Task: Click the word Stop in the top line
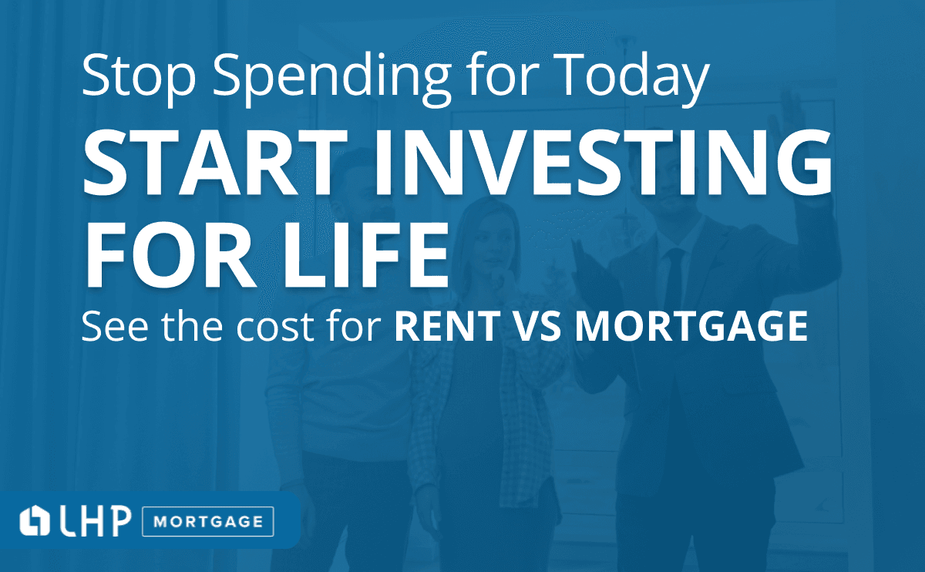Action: [139, 76]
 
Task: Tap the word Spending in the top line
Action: [331, 79]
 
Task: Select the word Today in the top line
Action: [631, 79]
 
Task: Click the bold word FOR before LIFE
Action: [171, 255]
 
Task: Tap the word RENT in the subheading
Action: [448, 326]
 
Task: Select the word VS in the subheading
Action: [538, 326]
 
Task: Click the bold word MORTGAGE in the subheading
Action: [691, 326]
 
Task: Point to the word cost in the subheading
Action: [275, 327]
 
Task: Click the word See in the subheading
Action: [115, 326]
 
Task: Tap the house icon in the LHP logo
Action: [35, 520]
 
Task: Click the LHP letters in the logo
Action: [96, 521]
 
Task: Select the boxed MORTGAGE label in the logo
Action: [207, 522]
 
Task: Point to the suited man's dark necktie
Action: [673, 281]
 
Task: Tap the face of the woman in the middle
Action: [492, 241]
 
